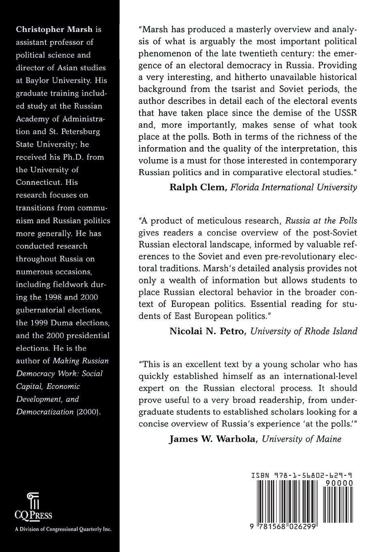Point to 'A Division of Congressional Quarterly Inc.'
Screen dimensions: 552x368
coord(62,529)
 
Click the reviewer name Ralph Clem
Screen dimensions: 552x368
coord(195,187)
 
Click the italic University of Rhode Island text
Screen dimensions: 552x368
coord(303,331)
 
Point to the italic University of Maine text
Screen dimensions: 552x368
coord(301,439)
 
